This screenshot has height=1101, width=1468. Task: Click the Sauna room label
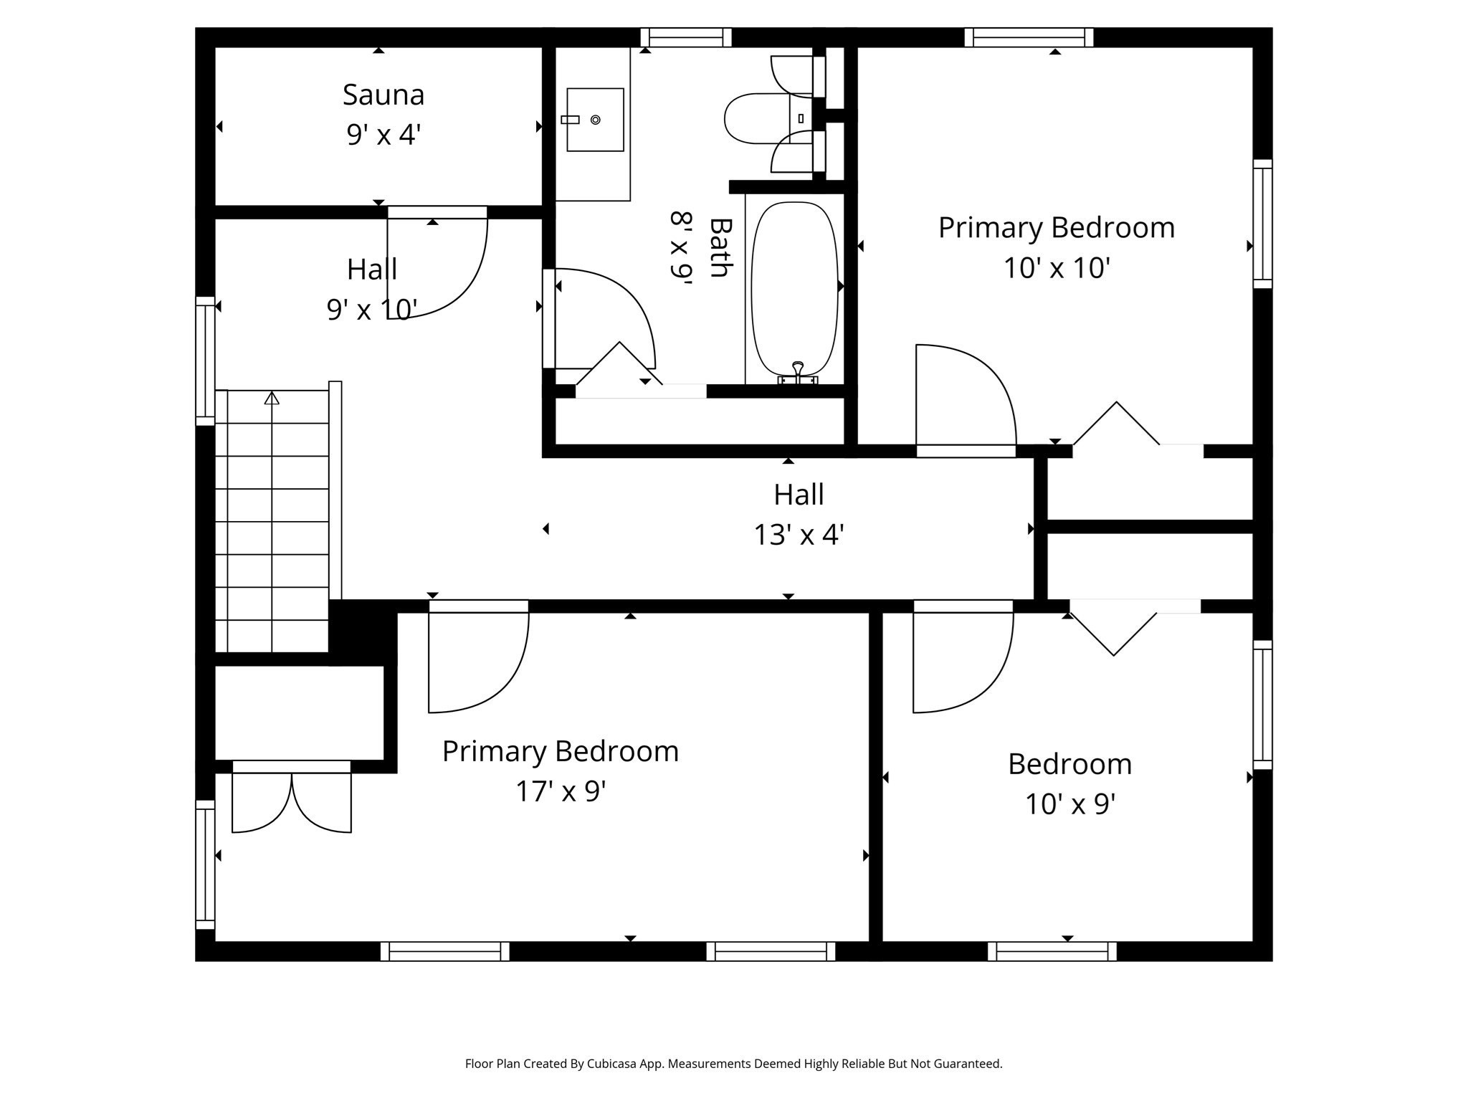383,95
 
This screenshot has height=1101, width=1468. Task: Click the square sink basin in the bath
595,120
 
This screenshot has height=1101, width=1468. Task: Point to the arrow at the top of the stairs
272,398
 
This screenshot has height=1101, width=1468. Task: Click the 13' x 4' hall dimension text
799,535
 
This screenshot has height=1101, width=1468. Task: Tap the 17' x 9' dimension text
561,791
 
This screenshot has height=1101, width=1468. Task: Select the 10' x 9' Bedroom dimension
1069,804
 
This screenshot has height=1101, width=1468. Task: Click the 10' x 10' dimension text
1056,268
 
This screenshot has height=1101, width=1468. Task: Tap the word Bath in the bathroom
719,247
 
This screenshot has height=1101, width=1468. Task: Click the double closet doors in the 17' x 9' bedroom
292,803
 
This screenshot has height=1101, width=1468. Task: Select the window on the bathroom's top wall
686,37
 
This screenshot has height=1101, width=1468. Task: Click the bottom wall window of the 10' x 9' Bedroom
1052,951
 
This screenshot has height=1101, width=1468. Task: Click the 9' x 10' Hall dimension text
372,310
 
